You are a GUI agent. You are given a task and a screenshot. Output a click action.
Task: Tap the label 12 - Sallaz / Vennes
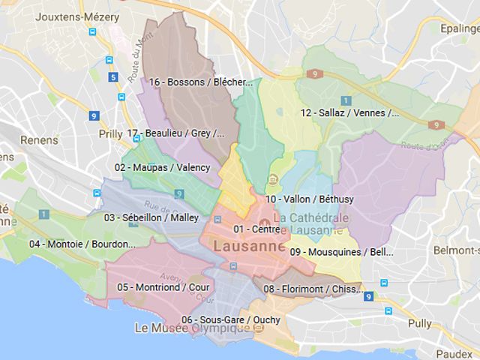349,113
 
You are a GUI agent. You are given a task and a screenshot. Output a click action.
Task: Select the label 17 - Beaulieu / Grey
175,133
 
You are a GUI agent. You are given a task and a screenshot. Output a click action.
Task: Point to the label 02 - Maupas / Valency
162,167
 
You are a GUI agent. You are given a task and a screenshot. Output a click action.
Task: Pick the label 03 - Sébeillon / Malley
151,217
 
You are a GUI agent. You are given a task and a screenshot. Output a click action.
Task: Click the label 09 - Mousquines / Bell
341,251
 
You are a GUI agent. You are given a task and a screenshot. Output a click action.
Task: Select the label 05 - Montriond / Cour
163,286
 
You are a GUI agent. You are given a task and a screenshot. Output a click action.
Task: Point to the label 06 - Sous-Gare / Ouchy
230,319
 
